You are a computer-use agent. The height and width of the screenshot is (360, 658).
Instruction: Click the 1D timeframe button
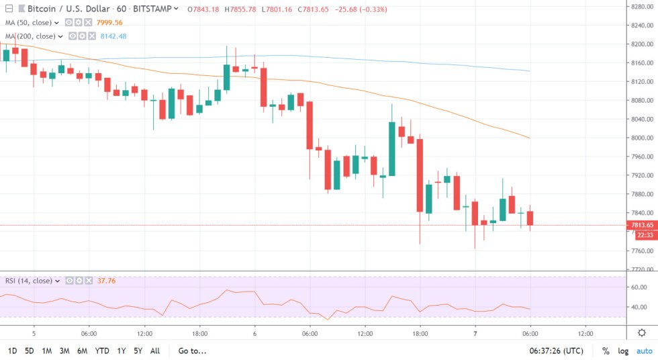[12, 351]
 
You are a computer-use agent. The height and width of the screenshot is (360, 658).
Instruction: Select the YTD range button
[102, 351]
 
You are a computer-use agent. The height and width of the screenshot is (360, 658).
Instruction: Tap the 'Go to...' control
[192, 351]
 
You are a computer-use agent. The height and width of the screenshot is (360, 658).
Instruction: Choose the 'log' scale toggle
[622, 351]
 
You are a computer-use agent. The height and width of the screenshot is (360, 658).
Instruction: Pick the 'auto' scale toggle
[644, 351]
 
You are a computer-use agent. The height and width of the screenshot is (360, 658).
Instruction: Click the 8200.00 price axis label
[639, 44]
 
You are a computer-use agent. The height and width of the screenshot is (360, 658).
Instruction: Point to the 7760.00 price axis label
[639, 251]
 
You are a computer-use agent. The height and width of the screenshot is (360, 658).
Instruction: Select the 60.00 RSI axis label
[639, 287]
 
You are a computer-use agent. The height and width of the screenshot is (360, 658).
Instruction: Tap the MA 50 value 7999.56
[110, 22]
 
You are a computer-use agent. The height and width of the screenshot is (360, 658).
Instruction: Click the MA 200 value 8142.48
[113, 36]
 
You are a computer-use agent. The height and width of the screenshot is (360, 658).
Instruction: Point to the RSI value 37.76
[107, 281]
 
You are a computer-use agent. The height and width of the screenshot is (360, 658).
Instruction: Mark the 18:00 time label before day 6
[200, 333]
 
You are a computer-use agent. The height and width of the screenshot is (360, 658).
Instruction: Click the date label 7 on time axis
[475, 333]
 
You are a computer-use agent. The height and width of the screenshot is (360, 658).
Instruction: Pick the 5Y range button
[138, 351]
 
